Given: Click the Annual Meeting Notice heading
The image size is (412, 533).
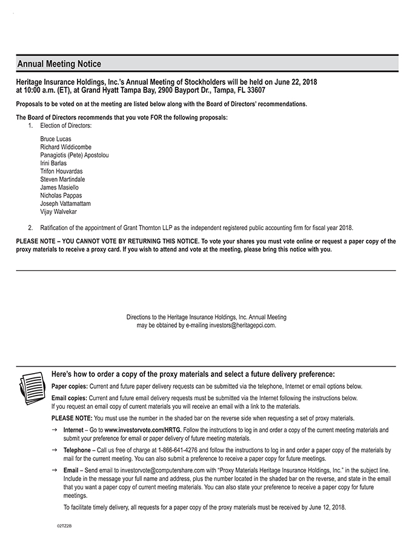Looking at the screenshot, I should pyautogui.click(x=59, y=64).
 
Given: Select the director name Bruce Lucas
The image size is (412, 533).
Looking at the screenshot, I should pyautogui.click(x=56, y=139).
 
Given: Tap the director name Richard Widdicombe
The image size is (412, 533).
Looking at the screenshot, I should pyautogui.click(x=66, y=147).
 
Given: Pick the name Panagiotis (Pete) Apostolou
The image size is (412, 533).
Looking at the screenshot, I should pyautogui.click(x=75, y=156).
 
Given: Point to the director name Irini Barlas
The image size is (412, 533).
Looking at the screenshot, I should pyautogui.click(x=54, y=164).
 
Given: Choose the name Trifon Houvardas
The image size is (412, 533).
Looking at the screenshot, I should pyautogui.click(x=61, y=171).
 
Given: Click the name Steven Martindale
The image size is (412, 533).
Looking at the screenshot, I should pyautogui.click(x=62, y=180).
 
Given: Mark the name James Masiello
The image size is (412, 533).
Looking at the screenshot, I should pyautogui.click(x=59, y=188).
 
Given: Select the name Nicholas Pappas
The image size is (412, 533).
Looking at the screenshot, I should pyautogui.click(x=61, y=196).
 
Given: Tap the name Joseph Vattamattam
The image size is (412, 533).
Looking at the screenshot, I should pyautogui.click(x=65, y=204).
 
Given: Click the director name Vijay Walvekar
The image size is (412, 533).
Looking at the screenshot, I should pyautogui.click(x=59, y=212).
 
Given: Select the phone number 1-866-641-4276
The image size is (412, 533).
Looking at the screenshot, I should pyautogui.click(x=177, y=451).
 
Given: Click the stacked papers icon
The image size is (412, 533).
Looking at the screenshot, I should pyautogui.click(x=31, y=383).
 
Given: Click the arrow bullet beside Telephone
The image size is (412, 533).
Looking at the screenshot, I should pyautogui.click(x=55, y=451).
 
